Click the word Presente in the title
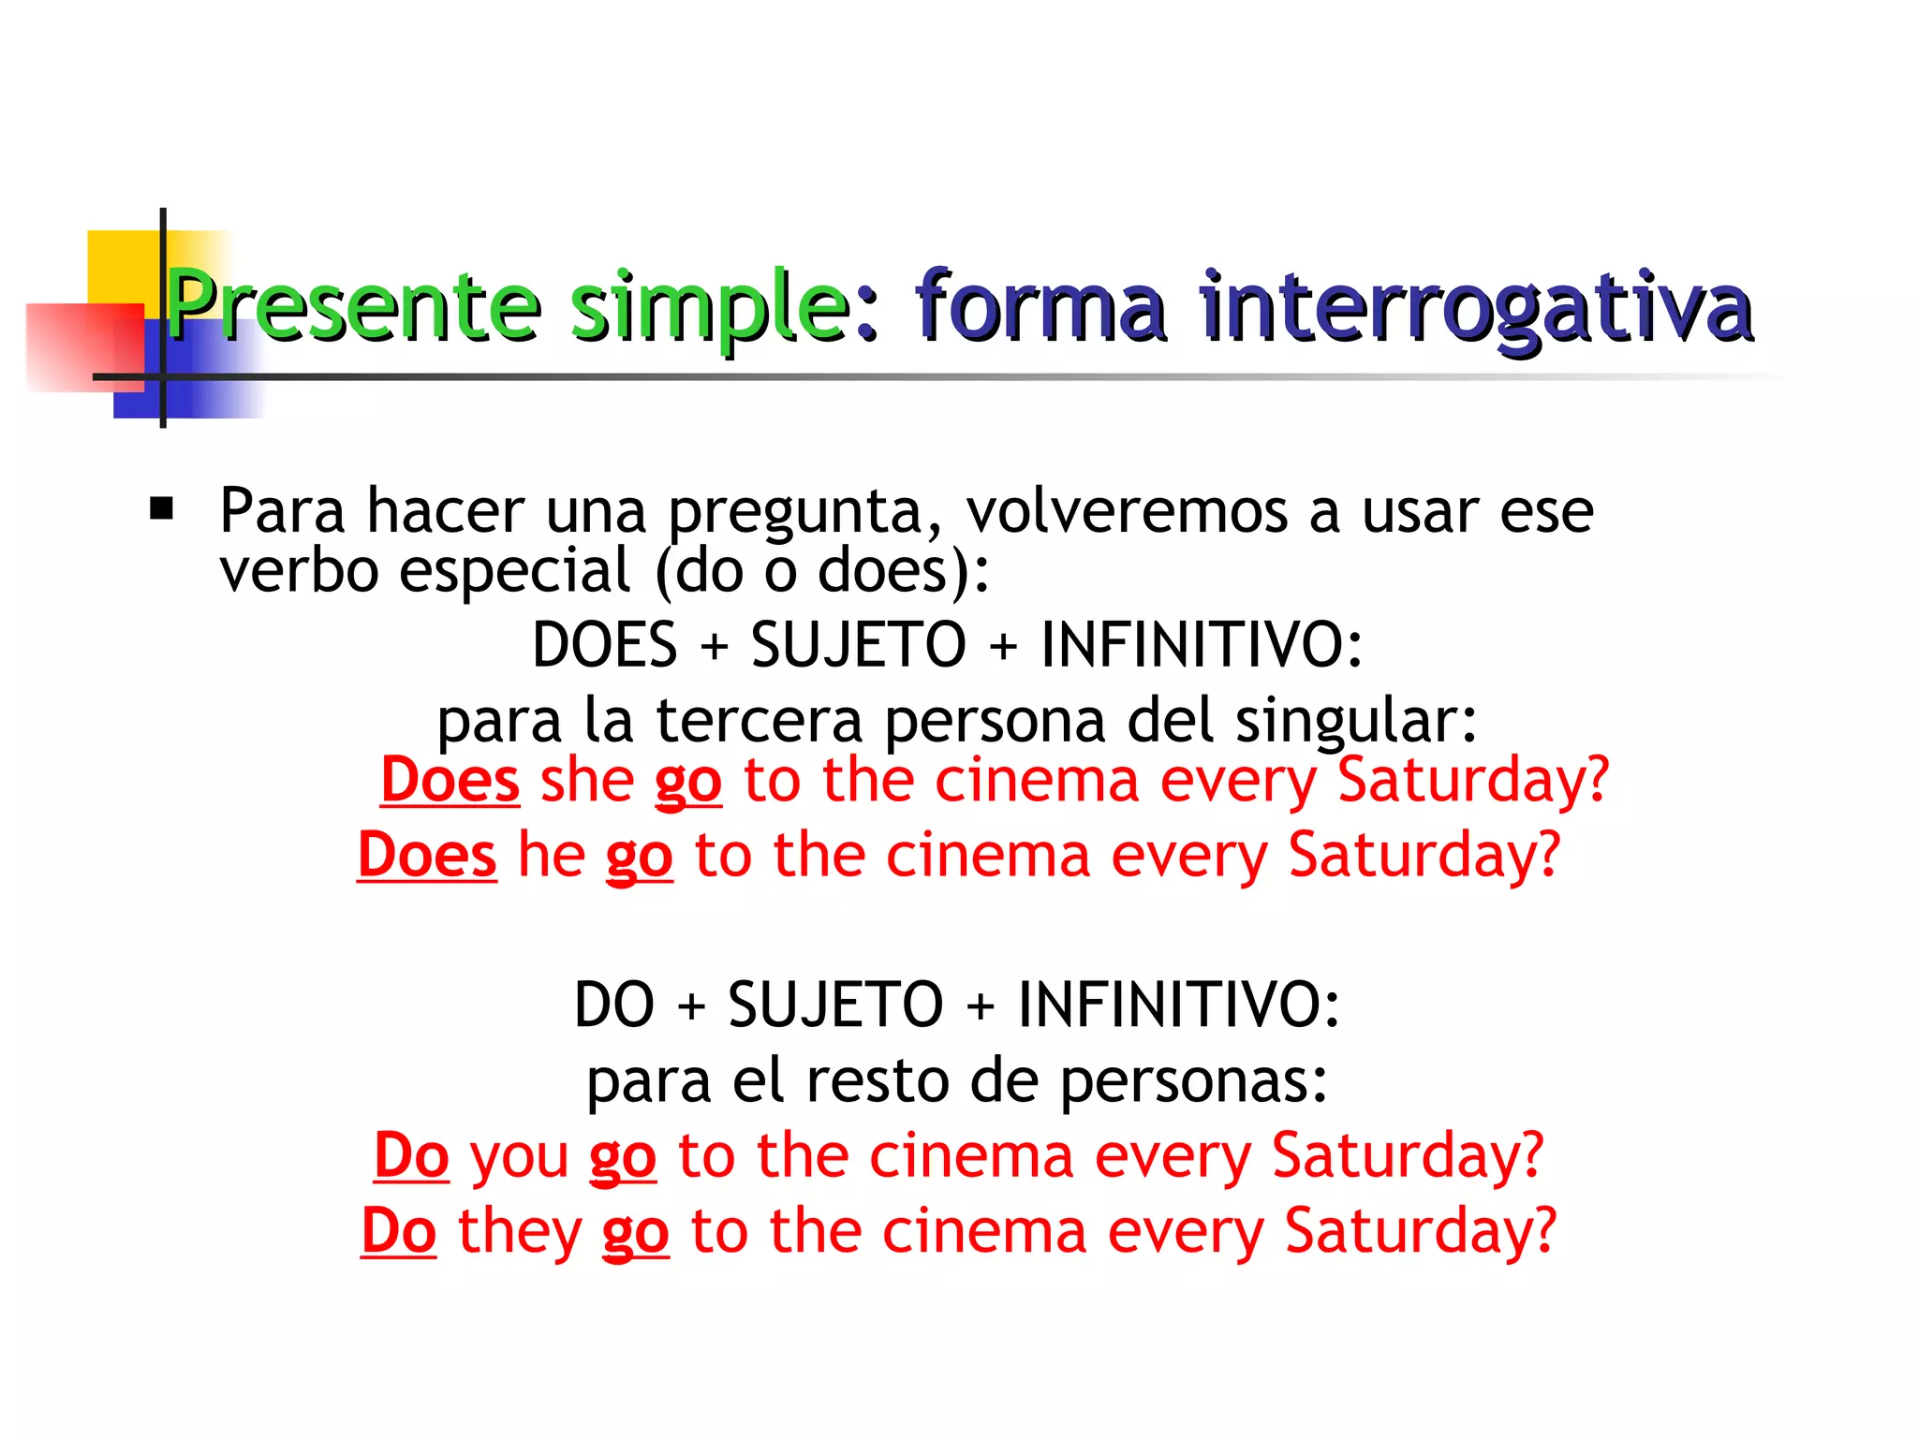coord(354,305)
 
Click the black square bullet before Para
coord(162,509)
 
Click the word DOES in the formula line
coord(604,645)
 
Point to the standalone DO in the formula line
coord(613,1005)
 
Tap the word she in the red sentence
coord(587,780)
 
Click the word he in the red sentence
coord(552,855)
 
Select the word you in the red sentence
coord(520,1156)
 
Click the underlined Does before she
coord(450,780)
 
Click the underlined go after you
coord(623,1157)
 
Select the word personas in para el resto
coord(1194,1080)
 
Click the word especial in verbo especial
coord(515,570)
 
